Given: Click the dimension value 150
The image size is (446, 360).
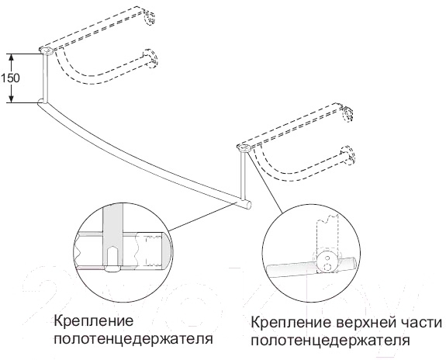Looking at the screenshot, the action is (x=10, y=78).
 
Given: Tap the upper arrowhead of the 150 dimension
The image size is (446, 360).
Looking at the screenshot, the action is (x=11, y=57).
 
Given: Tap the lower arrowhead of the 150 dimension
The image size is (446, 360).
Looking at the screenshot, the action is (x=11, y=99).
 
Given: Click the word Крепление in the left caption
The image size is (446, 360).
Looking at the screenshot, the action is (x=94, y=321).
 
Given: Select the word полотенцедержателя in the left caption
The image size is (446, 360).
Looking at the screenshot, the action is (x=133, y=339).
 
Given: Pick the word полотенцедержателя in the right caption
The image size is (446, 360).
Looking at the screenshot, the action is (x=330, y=341).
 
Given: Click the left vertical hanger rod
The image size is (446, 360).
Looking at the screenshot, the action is (x=46, y=78).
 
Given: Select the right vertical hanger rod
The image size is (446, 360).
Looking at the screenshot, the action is (x=244, y=174).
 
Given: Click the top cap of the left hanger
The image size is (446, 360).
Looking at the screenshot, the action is (x=47, y=51).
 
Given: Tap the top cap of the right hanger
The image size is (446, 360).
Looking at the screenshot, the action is (x=244, y=148).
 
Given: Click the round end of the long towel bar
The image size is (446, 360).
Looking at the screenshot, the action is (x=247, y=205).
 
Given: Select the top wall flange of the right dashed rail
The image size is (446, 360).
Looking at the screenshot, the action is (x=347, y=114).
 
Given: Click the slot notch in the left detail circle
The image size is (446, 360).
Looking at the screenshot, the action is (x=113, y=260).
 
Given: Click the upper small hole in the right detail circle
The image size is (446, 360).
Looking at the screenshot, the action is (x=327, y=258).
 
